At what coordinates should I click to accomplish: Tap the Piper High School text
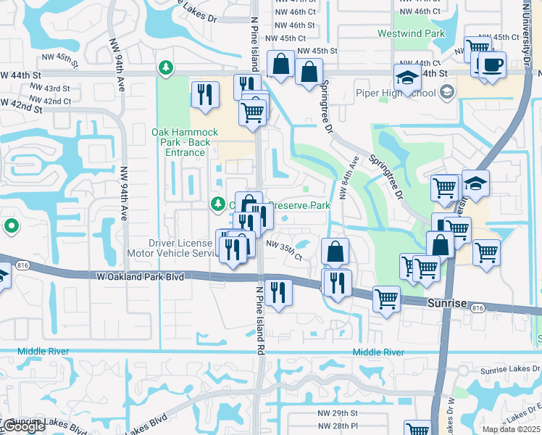click(x=396, y=93)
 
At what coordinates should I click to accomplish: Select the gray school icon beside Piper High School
click(x=446, y=92)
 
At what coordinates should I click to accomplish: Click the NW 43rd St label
click(x=51, y=88)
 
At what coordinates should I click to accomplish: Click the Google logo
click(x=23, y=427)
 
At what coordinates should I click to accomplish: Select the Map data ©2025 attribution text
click(x=510, y=429)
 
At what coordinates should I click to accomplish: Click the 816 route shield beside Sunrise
click(x=476, y=308)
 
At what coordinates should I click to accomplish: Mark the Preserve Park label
click(x=300, y=206)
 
